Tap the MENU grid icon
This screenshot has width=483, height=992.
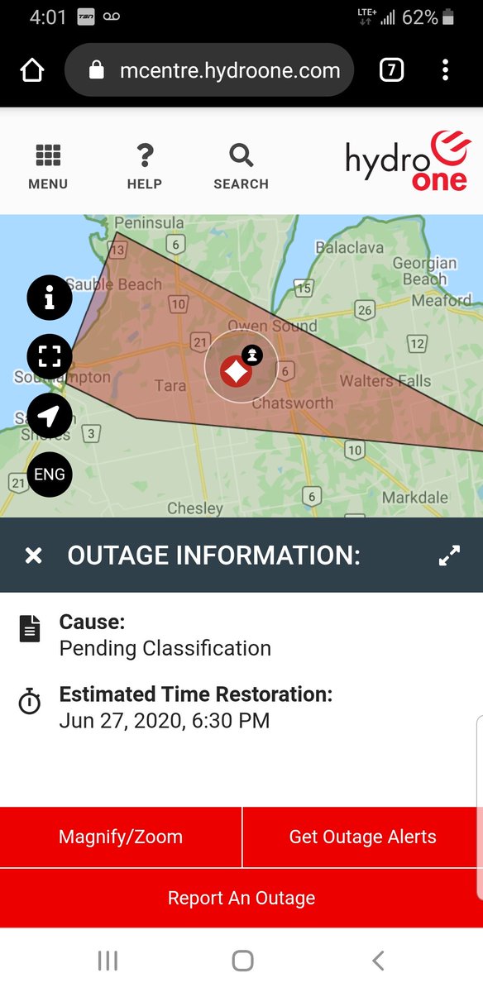[48, 155]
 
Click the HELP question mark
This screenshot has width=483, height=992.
[145, 155]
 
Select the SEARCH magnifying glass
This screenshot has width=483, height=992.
[241, 155]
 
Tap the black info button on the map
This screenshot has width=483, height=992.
[50, 298]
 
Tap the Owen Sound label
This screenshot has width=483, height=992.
[272, 326]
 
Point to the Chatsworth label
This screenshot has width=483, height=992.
[293, 403]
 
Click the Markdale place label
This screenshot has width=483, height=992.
[414, 498]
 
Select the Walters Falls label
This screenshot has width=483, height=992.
[385, 381]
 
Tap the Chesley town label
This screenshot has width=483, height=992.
[195, 508]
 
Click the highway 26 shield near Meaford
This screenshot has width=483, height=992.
[365, 311]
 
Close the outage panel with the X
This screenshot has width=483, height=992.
[33, 556]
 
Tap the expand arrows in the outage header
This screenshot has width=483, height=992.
[449, 556]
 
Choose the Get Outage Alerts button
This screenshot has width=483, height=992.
[362, 837]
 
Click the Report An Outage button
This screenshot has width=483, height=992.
[241, 898]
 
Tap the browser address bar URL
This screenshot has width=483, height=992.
[229, 71]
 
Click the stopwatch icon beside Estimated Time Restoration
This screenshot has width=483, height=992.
[30, 703]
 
